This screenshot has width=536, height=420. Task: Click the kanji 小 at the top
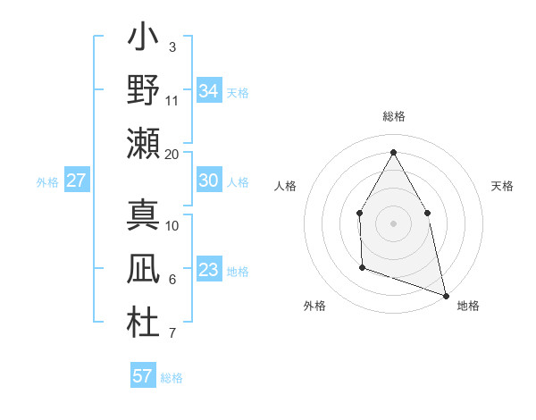[x=143, y=38]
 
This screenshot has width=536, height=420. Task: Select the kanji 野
[x=143, y=90]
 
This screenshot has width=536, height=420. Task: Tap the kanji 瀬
[x=143, y=143]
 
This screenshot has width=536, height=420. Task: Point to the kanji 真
[x=143, y=214]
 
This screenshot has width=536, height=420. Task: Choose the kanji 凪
[x=143, y=269]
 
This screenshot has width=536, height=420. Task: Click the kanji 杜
[x=143, y=323]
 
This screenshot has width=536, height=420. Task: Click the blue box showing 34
[x=209, y=90]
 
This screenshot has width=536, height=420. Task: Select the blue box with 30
[x=209, y=181]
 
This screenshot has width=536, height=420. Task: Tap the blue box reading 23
[x=209, y=270]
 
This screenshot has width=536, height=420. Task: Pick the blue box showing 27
[x=77, y=181]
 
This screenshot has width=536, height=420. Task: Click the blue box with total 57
[x=143, y=376]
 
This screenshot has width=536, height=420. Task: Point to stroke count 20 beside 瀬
[x=172, y=154]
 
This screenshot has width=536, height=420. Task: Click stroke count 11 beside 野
[x=172, y=100]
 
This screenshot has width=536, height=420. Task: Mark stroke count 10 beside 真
[x=172, y=225]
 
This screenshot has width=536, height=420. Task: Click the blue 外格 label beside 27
[x=47, y=182]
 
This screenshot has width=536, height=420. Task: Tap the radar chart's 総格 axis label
[x=394, y=116]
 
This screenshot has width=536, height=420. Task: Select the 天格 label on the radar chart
[x=503, y=186]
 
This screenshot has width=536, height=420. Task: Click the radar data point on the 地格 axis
[x=446, y=295]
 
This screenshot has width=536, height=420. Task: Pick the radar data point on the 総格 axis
[x=393, y=151]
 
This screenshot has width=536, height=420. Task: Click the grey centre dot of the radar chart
[x=393, y=223]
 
